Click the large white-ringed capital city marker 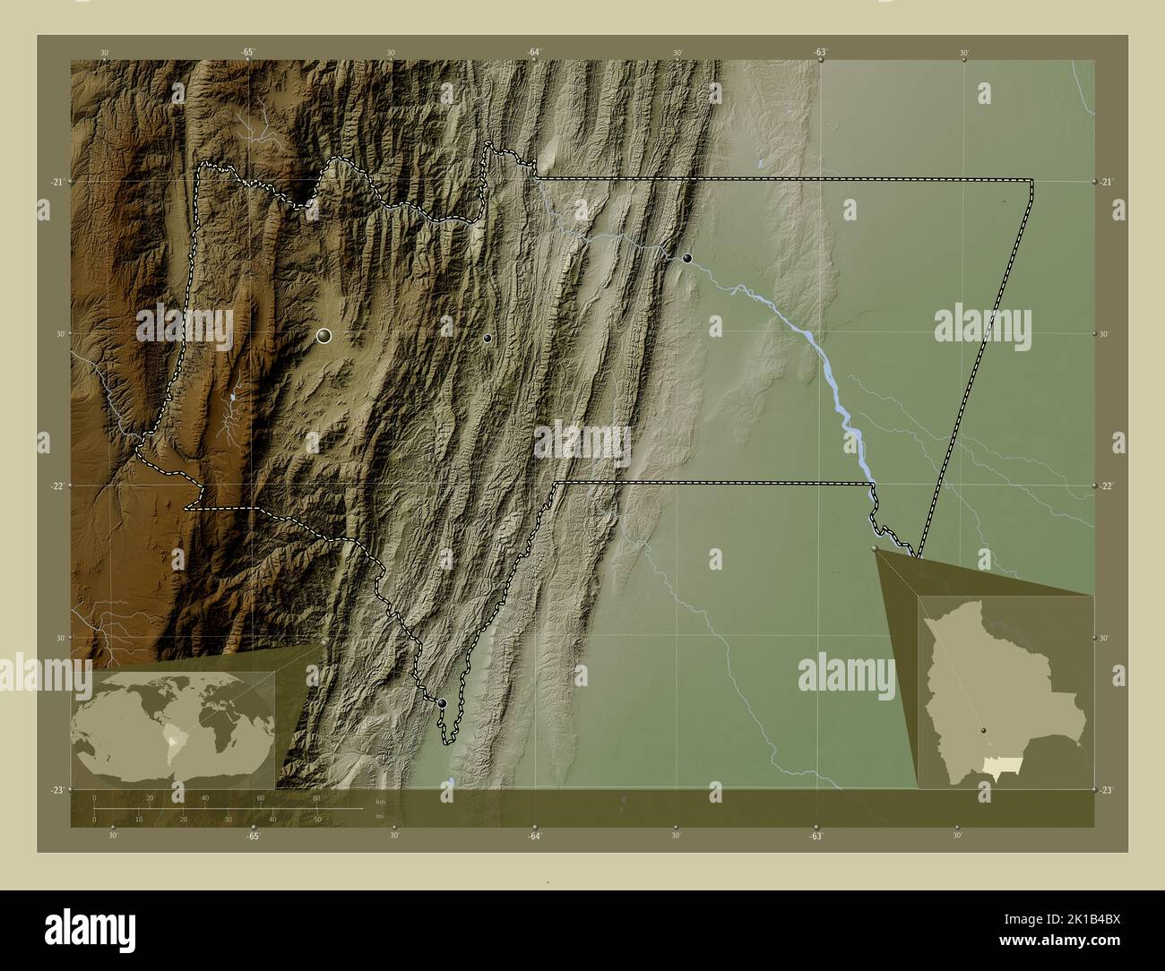pos(324,336)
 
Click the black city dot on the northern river pos(687,258)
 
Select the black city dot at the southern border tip pos(442,703)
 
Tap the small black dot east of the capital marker pos(487,338)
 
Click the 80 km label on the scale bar pos(316,797)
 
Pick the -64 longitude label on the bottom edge pos(534,836)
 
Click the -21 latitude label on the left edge pos(56,181)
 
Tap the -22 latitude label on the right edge pos(1108,485)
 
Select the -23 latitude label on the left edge pos(56,789)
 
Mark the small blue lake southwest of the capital pos(233,395)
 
